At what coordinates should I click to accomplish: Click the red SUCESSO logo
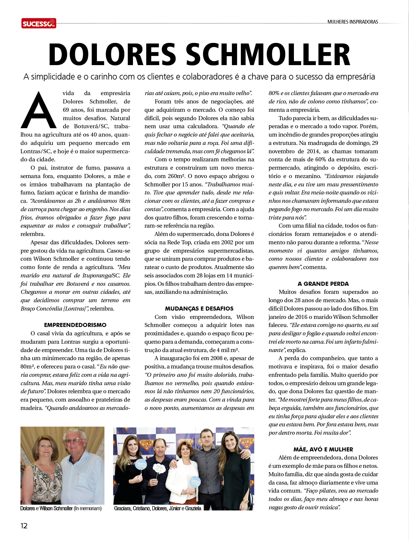[39, 23]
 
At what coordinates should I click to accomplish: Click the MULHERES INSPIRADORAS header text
[352, 22]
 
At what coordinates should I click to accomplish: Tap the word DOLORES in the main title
[112, 55]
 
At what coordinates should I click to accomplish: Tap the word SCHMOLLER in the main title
[268, 55]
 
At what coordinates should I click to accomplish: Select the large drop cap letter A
[39, 110]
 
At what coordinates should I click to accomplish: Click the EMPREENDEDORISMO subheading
[75, 325]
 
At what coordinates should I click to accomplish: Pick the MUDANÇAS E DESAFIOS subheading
[199, 309]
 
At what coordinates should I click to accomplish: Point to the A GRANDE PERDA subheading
[323, 284]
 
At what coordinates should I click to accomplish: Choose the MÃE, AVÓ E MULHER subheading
[323, 449]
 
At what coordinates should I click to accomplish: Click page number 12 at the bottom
[24, 526]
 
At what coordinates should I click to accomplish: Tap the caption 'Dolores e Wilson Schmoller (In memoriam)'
[61, 508]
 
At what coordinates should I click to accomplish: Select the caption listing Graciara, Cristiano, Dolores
[157, 508]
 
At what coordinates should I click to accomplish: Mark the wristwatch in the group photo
[245, 502]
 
